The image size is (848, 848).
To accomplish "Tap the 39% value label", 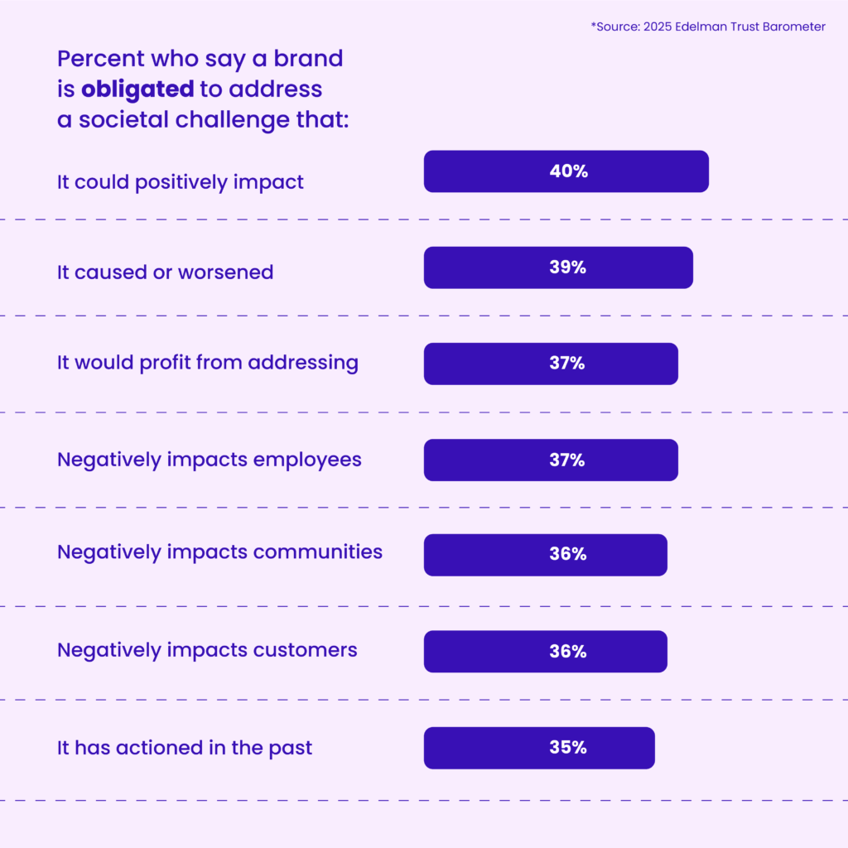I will pyautogui.click(x=567, y=267).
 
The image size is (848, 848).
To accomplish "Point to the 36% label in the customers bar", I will pyautogui.click(x=567, y=652).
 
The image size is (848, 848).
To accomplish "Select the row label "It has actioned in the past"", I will pyautogui.click(x=185, y=748).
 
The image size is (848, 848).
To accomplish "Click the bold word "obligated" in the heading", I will pyautogui.click(x=137, y=89).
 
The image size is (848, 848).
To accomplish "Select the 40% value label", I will pyautogui.click(x=567, y=171).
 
